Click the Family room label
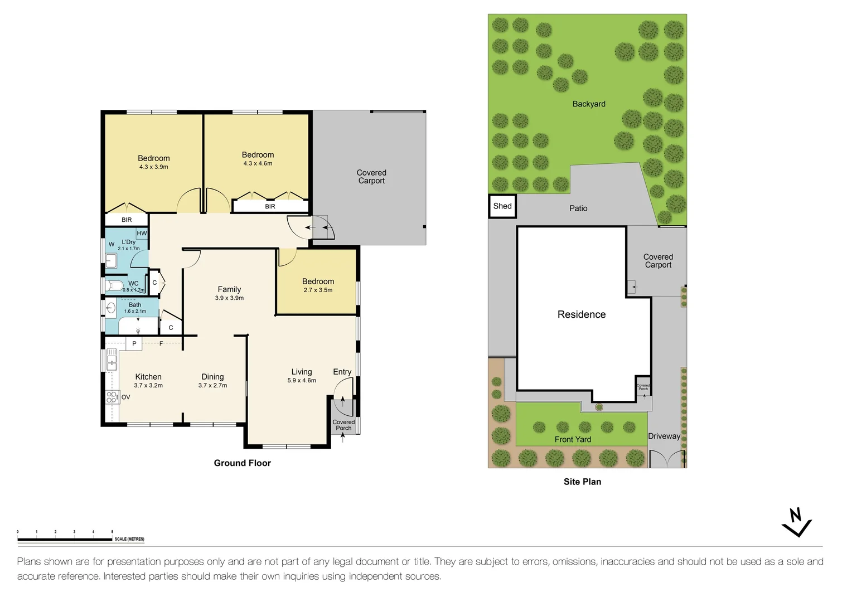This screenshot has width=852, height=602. (229, 289)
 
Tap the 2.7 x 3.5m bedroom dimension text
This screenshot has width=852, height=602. (318, 290)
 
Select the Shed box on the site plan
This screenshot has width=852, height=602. (502, 206)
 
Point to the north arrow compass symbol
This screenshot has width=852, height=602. (796, 523)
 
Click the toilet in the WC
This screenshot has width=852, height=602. (114, 285)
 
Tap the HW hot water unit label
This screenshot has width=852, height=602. (142, 234)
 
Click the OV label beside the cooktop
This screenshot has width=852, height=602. (126, 397)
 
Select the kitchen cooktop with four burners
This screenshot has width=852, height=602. (112, 397)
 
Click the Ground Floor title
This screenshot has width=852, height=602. (243, 463)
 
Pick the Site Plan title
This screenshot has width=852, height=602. (582, 482)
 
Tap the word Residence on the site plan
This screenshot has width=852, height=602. (582, 314)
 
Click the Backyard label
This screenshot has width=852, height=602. (589, 104)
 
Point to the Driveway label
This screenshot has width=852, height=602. (664, 436)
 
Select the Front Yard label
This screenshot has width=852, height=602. (573, 439)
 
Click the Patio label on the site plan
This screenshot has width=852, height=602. (578, 208)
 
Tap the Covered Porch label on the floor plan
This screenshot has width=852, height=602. (343, 425)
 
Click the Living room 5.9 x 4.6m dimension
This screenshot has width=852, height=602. (302, 380)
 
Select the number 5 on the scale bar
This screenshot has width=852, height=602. (112, 532)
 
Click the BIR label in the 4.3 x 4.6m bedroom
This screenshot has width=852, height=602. (270, 206)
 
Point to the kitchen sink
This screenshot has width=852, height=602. (111, 360)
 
